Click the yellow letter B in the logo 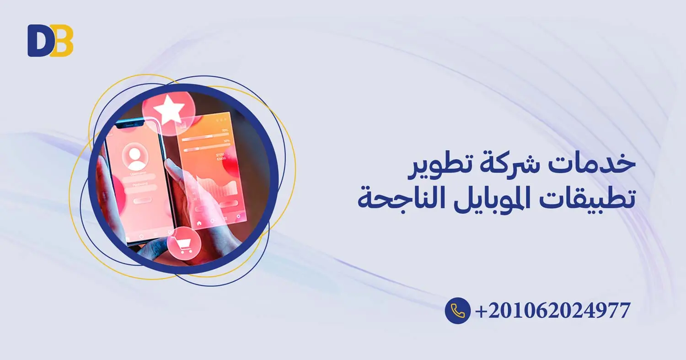63,41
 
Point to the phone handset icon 457,311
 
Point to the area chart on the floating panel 216,186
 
